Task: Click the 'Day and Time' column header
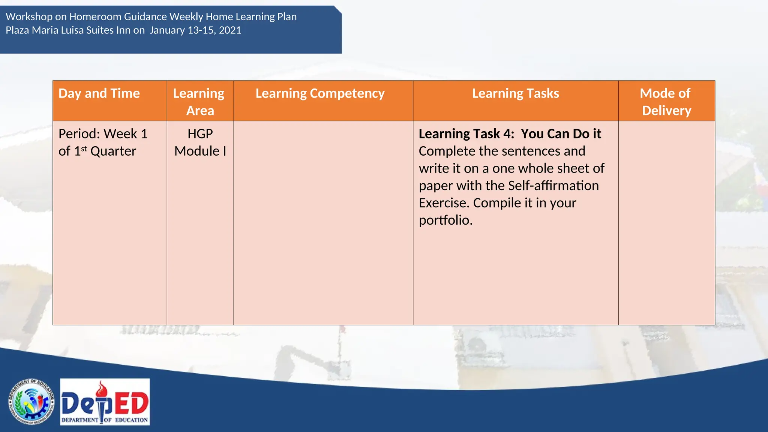pyautogui.click(x=99, y=93)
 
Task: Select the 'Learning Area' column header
pyautogui.click(x=199, y=102)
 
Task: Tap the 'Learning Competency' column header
pyautogui.click(x=320, y=93)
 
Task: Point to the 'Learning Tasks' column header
pyautogui.click(x=515, y=93)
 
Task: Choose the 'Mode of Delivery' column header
pyautogui.click(x=666, y=102)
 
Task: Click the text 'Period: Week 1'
pyautogui.click(x=103, y=134)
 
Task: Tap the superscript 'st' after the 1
pyautogui.click(x=84, y=148)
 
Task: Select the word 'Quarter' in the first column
pyautogui.click(x=113, y=151)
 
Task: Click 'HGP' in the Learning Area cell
pyautogui.click(x=200, y=134)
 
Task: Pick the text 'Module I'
pyautogui.click(x=200, y=151)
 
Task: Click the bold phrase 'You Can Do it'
pyautogui.click(x=561, y=134)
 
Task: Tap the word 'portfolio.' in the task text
pyautogui.click(x=445, y=220)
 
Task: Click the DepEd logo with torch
pyautogui.click(x=105, y=402)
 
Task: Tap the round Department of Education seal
pyautogui.click(x=31, y=402)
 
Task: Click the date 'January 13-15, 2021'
pyautogui.click(x=195, y=30)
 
